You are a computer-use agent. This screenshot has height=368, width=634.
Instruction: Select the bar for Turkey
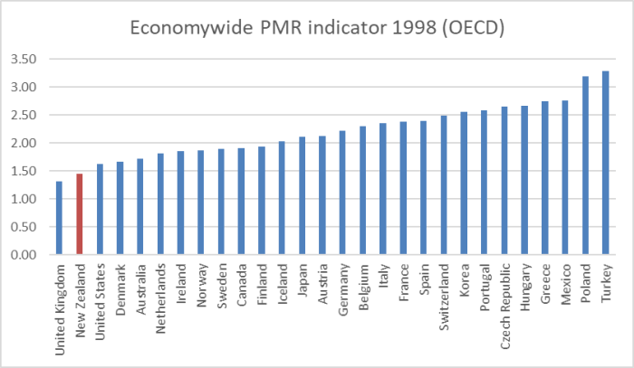coord(605,163)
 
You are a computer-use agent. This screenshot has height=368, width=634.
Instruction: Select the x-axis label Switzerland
coord(444,295)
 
